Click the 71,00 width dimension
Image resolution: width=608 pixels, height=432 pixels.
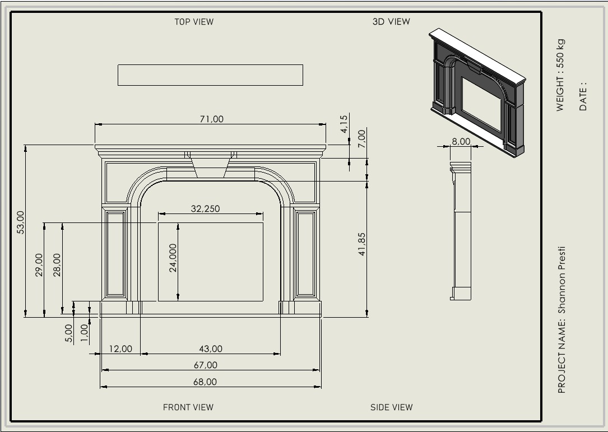212,119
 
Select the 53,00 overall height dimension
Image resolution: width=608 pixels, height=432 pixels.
21,222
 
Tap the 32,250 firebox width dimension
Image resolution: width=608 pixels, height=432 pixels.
206,208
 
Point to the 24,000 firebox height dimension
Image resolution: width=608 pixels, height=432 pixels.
173,258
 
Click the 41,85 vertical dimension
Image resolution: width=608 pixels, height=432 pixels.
362,244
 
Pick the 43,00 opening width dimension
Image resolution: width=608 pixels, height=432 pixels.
211,349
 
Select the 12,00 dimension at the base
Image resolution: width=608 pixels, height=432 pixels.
120,349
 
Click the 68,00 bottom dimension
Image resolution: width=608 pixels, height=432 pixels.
205,382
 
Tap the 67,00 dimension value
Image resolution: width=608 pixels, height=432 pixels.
206,365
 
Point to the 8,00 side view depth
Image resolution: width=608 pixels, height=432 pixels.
461,141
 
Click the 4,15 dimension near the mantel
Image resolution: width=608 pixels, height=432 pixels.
344,124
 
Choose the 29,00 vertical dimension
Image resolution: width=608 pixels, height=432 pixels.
39,265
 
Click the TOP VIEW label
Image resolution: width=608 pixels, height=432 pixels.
194,22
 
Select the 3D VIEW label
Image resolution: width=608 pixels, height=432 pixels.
391,22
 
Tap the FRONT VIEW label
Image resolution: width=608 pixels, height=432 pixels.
188,407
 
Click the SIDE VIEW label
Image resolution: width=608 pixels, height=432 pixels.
391,407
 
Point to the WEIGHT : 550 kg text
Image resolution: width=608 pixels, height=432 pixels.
561,75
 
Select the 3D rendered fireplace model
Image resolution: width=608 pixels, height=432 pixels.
477,92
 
